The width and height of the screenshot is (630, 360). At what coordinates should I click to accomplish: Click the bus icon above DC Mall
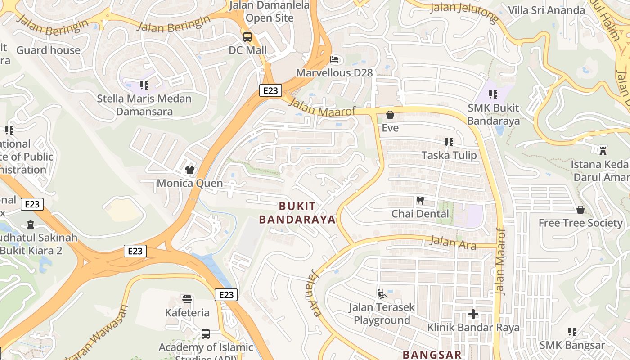pos(247,36)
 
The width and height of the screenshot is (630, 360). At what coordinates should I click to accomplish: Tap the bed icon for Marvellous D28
pos(334,59)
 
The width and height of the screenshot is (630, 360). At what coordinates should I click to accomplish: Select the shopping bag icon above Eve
pos(390,115)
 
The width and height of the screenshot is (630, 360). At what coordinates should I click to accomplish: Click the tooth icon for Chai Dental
pos(420,200)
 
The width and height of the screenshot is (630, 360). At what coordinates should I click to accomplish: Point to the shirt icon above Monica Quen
pos(190,170)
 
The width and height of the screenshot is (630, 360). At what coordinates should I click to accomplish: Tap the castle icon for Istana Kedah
pos(603,151)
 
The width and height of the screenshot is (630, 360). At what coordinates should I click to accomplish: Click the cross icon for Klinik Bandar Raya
pos(473,314)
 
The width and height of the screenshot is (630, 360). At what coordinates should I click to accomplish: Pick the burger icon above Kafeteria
pos(187,299)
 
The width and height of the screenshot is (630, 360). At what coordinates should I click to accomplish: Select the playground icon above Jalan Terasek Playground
pos(382,294)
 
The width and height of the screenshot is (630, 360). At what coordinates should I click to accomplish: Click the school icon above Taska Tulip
pos(449,142)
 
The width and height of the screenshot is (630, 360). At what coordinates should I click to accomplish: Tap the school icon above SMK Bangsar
pos(572,332)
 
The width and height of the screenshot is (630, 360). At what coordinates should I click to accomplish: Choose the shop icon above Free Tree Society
pos(580,210)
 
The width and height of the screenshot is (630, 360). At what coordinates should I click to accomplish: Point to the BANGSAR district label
pos(432,355)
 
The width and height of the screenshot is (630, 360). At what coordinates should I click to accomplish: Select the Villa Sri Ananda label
pos(546,10)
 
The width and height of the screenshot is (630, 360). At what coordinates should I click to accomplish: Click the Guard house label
pos(48,50)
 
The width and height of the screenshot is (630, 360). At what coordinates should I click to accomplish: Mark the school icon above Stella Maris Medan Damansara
pos(144,85)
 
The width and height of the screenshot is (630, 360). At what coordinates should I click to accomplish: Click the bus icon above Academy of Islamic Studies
pos(206,333)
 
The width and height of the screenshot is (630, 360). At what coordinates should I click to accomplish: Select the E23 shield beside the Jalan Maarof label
pos(270,90)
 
